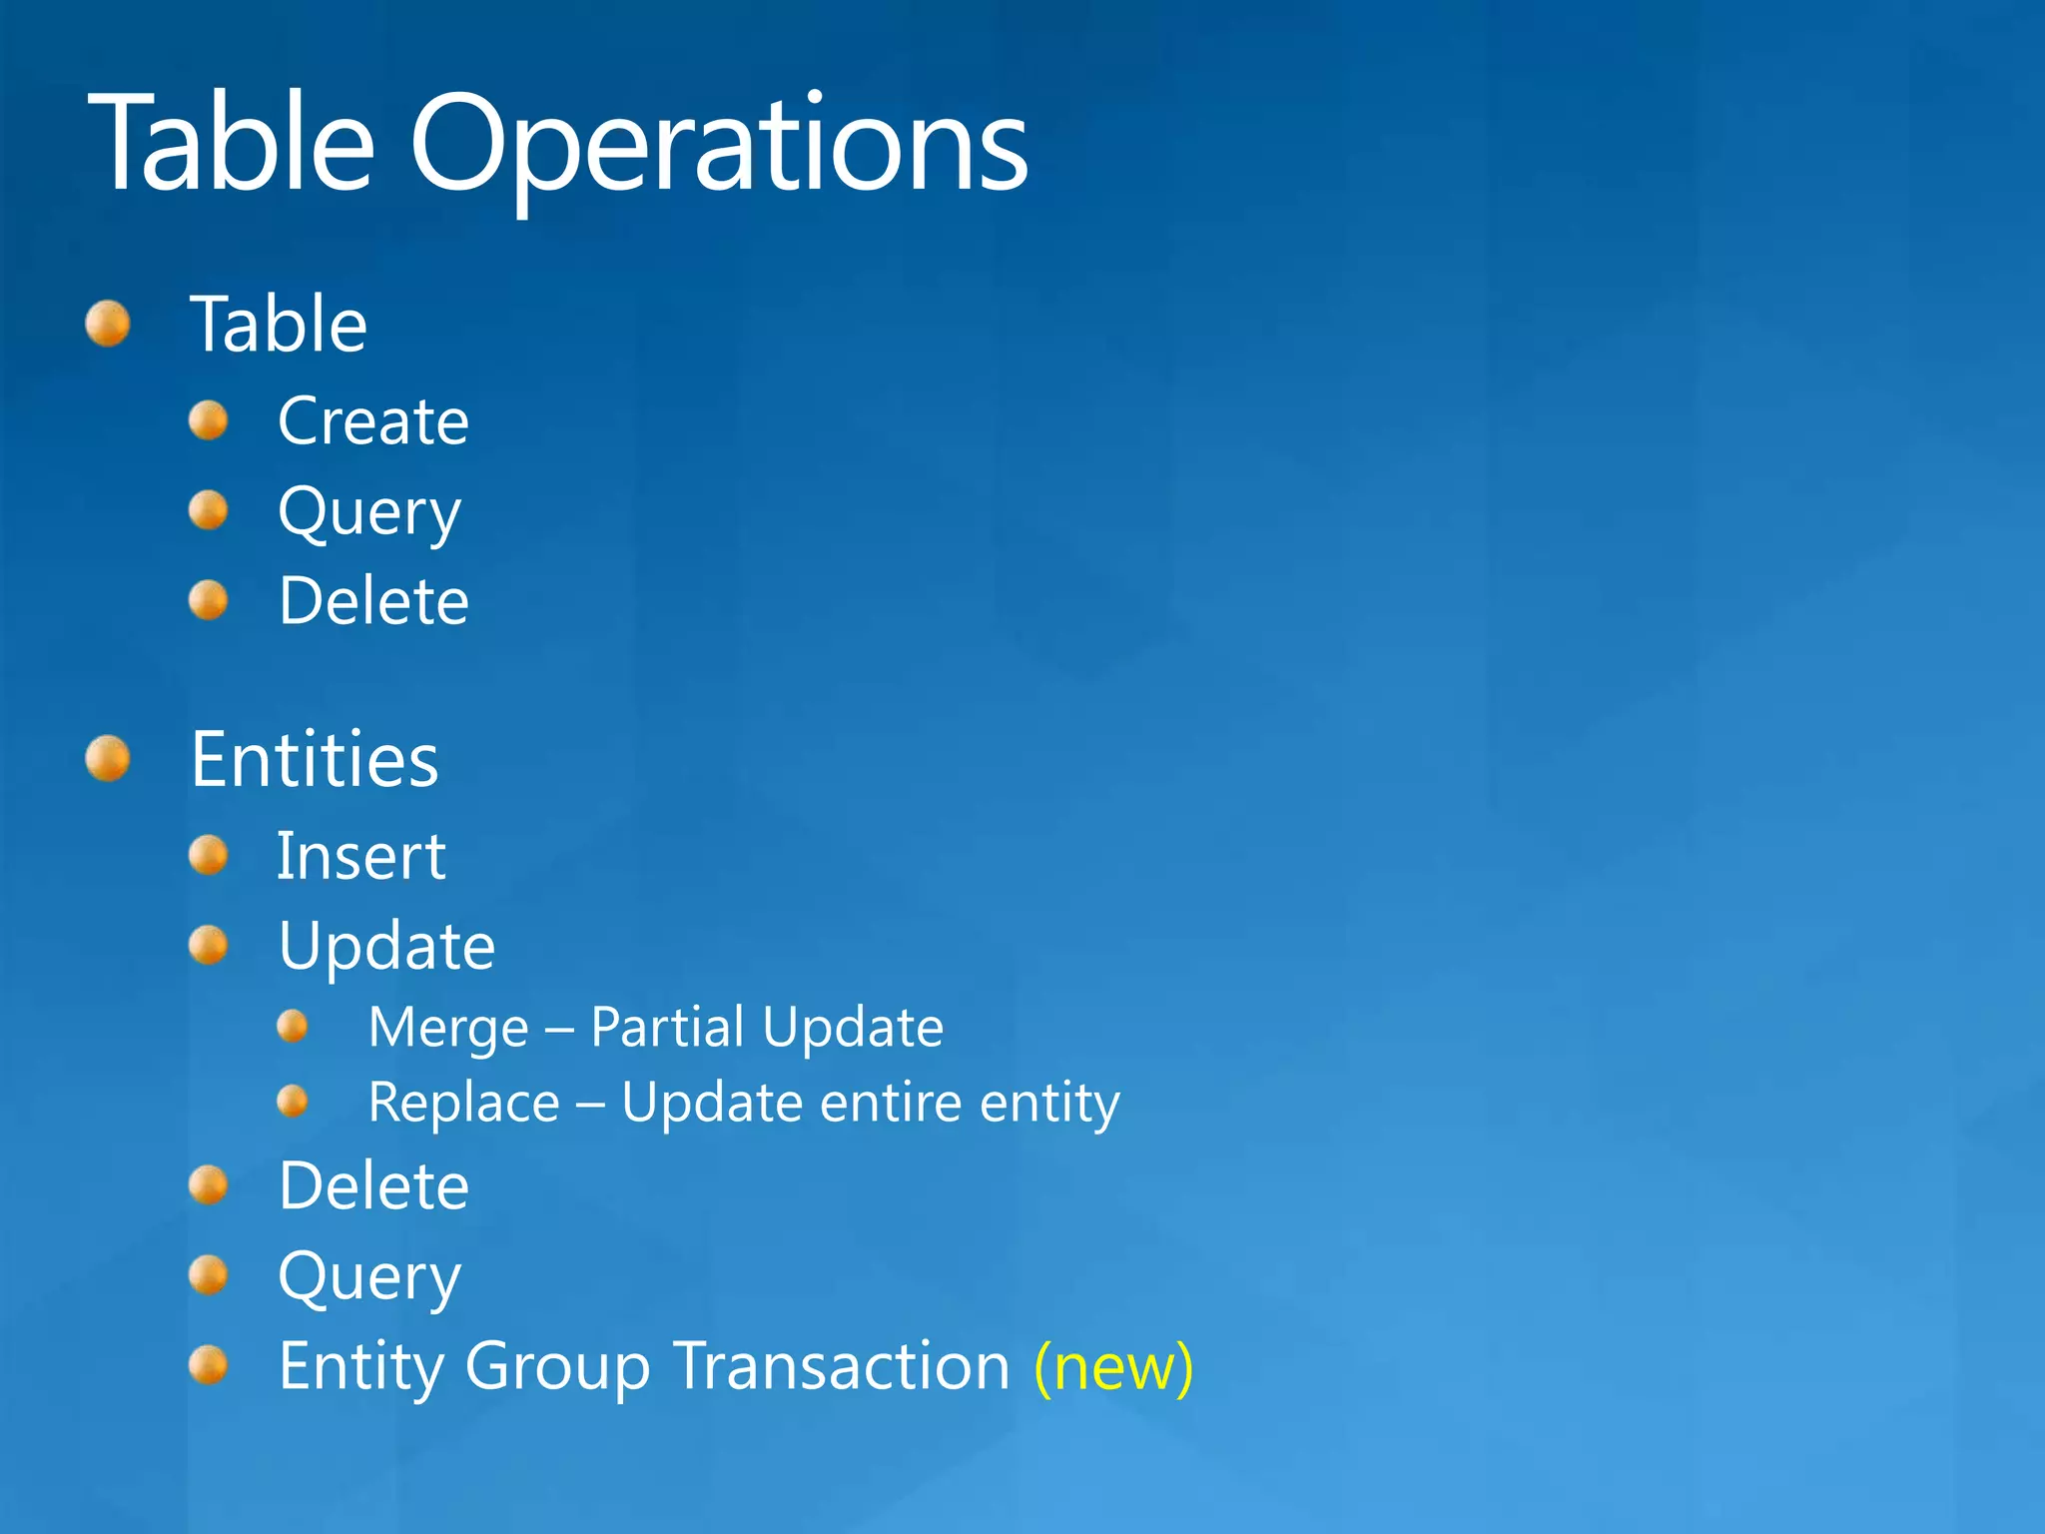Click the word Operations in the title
(x=718, y=145)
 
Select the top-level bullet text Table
(x=279, y=325)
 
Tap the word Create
(x=373, y=420)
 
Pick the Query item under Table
(x=369, y=513)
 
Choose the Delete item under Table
(x=373, y=601)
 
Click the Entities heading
(x=315, y=760)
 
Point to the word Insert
(x=360, y=856)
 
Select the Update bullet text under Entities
(x=386, y=946)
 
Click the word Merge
(x=448, y=1028)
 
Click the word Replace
(x=463, y=1103)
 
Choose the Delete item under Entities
(x=373, y=1186)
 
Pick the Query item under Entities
(x=369, y=1277)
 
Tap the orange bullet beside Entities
(x=108, y=759)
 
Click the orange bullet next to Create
(x=209, y=420)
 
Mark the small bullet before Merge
(x=293, y=1026)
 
